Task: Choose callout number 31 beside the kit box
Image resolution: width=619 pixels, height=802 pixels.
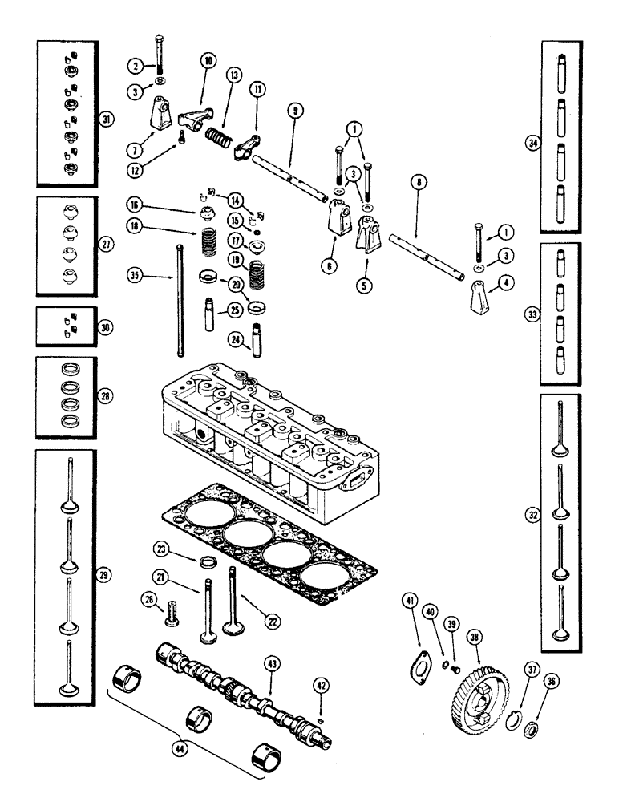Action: coord(104,119)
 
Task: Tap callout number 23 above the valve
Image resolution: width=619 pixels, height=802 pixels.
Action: coord(161,549)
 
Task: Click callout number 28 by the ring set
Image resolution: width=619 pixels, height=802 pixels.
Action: coord(105,396)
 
